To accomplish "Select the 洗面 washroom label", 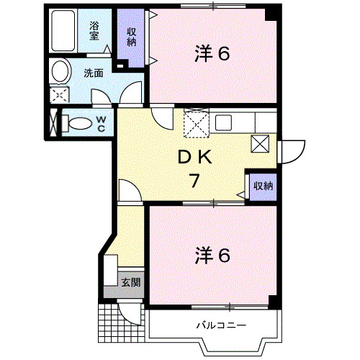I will pyautogui.click(x=92, y=72).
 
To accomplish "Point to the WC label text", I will pyautogui.click(x=101, y=124).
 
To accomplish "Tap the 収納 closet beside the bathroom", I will pyautogui.click(x=132, y=36).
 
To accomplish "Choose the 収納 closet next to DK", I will pyautogui.click(x=262, y=186).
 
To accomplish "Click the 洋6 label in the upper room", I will pyautogui.click(x=212, y=53).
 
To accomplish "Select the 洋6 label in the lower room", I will pyautogui.click(x=212, y=255).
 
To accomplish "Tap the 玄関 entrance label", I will pyautogui.click(x=131, y=282).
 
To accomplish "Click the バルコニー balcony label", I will pyautogui.click(x=221, y=325).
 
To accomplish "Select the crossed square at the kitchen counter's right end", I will pyautogui.click(x=260, y=143).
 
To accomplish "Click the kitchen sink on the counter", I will pyautogui.click(x=222, y=121).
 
